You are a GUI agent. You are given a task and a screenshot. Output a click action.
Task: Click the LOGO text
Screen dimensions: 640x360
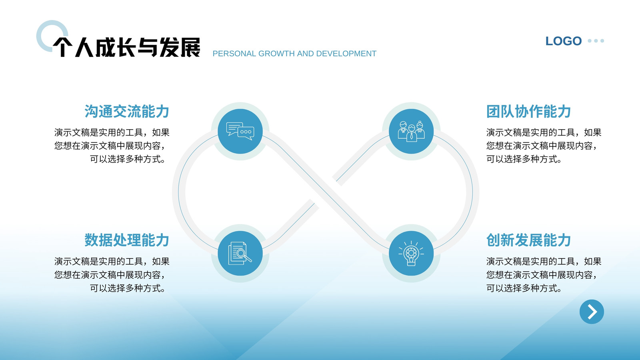point(564,41)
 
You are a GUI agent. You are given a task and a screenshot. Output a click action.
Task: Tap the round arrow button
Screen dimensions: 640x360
point(592,312)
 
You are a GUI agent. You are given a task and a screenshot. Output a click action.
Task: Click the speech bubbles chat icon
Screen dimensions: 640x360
point(240,131)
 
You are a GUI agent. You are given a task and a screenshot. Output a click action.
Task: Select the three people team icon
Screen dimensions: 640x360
point(411,131)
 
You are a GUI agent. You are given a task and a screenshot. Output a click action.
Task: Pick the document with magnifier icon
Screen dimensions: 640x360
point(240,254)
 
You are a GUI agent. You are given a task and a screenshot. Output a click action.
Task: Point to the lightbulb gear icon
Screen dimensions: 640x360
point(411,254)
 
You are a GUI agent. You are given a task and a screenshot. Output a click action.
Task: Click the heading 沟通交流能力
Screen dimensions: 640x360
point(127,112)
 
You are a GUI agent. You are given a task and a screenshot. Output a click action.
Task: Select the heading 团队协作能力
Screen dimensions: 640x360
point(528,112)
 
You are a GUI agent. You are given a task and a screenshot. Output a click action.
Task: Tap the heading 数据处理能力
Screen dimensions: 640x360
point(127,240)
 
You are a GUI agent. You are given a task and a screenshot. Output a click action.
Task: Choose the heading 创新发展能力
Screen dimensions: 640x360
point(528,240)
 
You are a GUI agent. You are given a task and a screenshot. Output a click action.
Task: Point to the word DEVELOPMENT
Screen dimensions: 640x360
point(346,54)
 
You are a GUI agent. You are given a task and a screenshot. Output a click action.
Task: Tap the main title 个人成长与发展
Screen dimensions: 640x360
point(126,47)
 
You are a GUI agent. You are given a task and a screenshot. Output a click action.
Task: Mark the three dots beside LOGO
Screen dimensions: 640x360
point(596,41)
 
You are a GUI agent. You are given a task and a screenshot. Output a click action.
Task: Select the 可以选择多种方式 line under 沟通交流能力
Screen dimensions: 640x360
point(128,159)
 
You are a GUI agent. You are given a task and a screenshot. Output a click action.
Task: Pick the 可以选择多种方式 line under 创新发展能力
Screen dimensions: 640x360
point(524,288)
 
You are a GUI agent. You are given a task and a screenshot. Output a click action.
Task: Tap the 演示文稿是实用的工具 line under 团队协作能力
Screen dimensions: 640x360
point(544,132)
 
